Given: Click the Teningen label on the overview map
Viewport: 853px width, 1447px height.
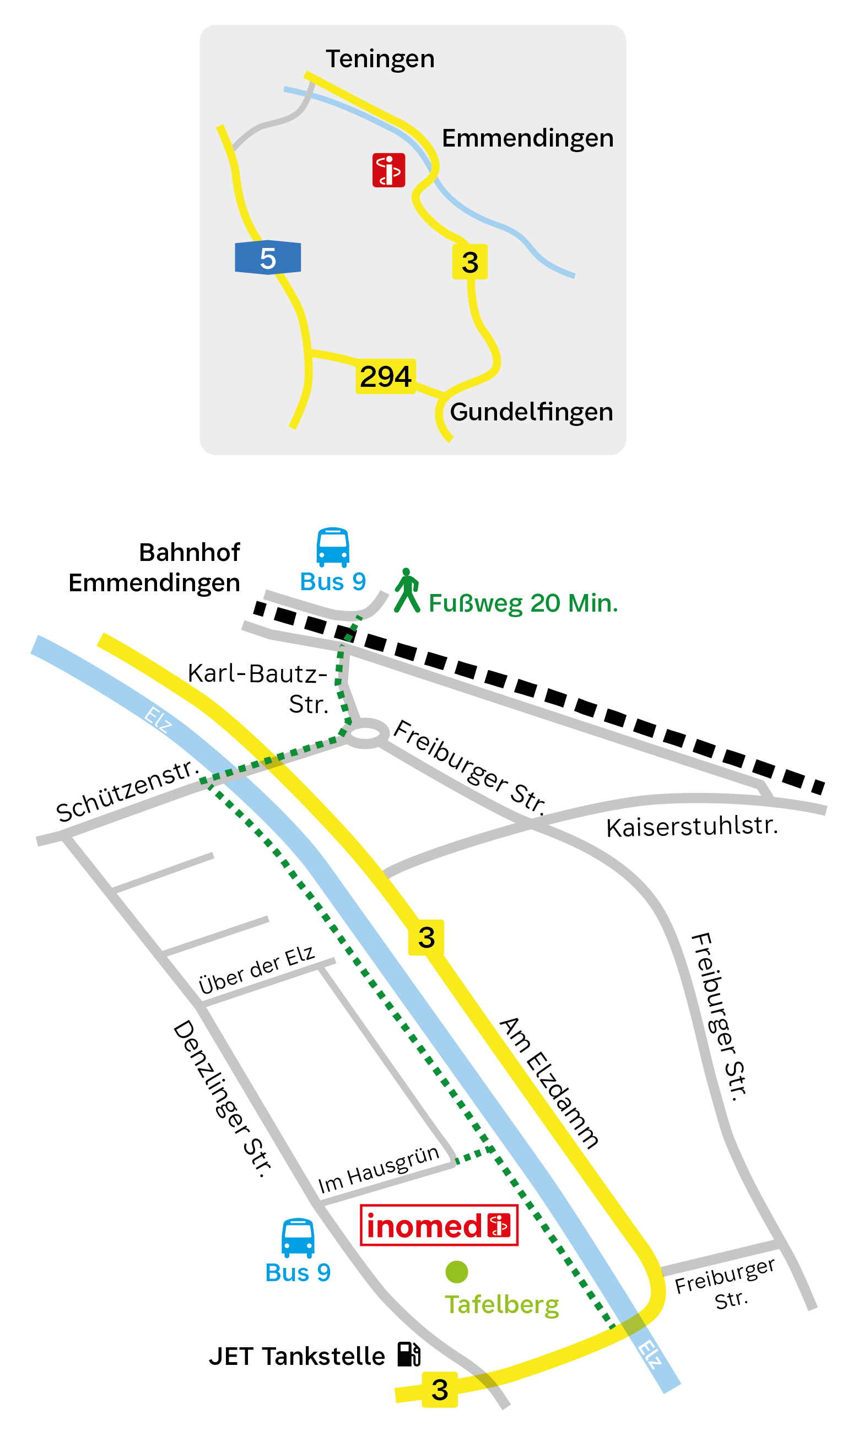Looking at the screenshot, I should [380, 59].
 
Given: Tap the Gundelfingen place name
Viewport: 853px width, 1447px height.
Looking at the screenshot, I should [531, 413].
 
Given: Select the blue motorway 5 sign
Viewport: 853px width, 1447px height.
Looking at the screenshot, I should [268, 258].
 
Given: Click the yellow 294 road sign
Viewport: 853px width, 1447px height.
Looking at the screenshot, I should [385, 377].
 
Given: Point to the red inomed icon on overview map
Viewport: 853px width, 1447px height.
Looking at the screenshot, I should [388, 170].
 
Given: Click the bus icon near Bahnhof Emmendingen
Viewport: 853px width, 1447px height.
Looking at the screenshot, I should [333, 547].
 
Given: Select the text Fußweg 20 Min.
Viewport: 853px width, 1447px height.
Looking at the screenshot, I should [523, 604].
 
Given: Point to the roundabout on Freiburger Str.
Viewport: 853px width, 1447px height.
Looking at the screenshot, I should [365, 733].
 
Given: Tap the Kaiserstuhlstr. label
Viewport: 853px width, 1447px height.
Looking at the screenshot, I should [692, 827].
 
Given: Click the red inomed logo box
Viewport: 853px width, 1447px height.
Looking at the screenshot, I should [439, 1225].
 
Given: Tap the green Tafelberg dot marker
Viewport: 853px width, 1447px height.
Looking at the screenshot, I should [457, 1272].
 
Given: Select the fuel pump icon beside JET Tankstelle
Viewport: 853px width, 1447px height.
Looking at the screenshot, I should [409, 1354].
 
